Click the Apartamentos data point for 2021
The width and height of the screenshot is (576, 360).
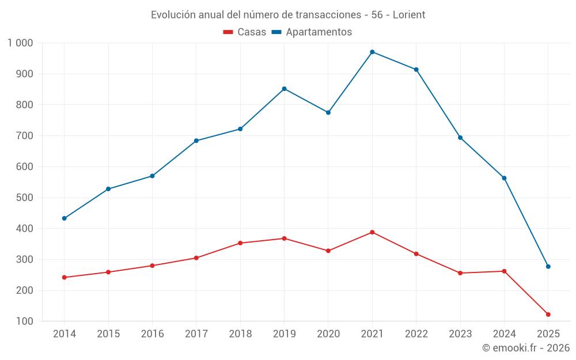[372, 52]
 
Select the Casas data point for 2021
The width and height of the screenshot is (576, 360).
[372, 232]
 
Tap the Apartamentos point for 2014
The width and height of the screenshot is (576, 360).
[64, 218]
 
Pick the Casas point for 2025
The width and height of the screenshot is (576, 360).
[548, 314]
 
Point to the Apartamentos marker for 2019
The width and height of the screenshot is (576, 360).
[284, 89]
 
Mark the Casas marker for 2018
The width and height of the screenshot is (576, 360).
[240, 243]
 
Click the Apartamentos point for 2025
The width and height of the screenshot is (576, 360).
[548, 267]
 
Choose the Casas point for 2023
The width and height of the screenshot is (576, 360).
[460, 273]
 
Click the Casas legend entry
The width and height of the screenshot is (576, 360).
[245, 32]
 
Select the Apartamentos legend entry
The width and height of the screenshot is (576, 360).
[312, 32]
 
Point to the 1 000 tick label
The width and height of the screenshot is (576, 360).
[21, 43]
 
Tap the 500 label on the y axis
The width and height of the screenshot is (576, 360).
[25, 198]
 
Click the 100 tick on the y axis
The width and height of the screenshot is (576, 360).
[25, 321]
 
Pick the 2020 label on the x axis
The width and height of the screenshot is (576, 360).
[328, 334]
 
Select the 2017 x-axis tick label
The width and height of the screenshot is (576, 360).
[196, 334]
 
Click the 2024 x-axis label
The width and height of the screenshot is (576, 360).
[504, 334]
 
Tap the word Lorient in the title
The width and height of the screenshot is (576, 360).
[409, 15]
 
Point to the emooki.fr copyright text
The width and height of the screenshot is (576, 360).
[526, 348]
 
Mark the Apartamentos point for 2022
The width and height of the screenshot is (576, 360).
[416, 70]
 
